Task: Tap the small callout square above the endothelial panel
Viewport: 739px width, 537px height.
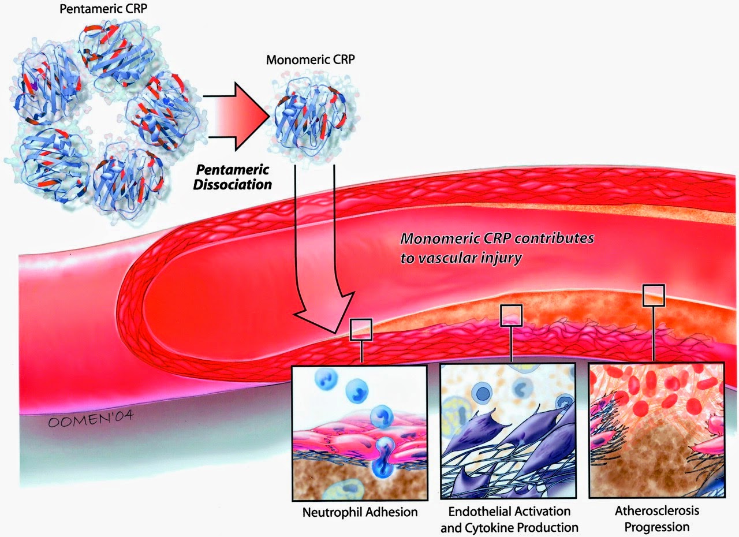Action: pyautogui.click(x=511, y=315)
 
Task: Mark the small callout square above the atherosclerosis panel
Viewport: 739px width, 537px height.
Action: pyautogui.click(x=654, y=295)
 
